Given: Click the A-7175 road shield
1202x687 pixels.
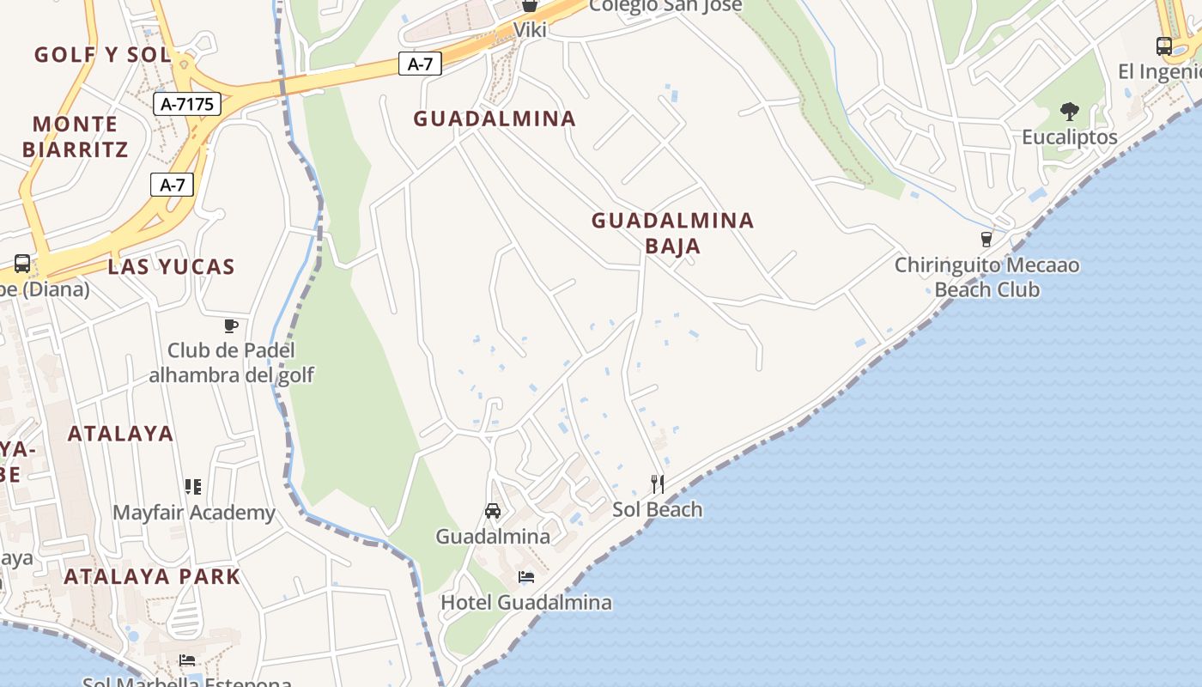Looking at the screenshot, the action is point(187,104).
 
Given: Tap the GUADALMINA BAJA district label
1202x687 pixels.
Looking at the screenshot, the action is point(672,233).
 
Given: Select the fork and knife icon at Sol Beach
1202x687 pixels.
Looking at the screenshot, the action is point(658,483).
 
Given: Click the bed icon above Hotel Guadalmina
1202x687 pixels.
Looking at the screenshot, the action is point(526,577).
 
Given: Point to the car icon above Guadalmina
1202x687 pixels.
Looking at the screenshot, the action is point(493,511).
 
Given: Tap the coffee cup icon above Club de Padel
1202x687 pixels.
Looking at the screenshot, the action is point(230,325).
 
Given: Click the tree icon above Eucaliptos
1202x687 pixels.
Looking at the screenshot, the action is point(1069,111).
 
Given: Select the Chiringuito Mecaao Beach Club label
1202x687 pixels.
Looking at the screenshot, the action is point(986,277).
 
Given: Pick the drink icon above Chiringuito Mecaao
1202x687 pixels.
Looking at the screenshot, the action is point(986,239).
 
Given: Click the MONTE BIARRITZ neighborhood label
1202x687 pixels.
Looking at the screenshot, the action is point(75,137).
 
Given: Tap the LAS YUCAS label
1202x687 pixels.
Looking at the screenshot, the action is point(171,266).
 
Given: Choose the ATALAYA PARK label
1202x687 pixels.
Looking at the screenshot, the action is point(152,576).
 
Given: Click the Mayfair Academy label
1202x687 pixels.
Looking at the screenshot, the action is point(194,513).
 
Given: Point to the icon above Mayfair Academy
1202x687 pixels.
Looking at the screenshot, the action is point(193,487).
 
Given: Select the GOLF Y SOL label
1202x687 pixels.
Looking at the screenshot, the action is point(102,55).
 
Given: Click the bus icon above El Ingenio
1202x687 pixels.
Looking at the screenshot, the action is point(1164,46).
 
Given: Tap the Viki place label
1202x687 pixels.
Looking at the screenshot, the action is point(530,30).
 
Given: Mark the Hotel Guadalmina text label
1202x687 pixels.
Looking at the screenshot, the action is point(526,602).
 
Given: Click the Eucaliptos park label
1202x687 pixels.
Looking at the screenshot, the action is point(1069,137).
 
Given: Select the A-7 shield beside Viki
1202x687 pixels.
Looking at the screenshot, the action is point(420,64).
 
